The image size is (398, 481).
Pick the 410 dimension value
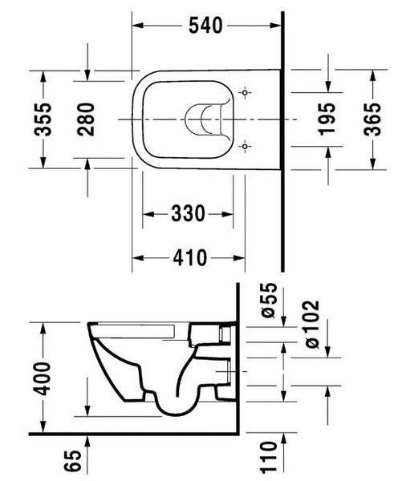coord(189,257)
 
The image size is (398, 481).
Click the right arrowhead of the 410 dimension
coord(243,257)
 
